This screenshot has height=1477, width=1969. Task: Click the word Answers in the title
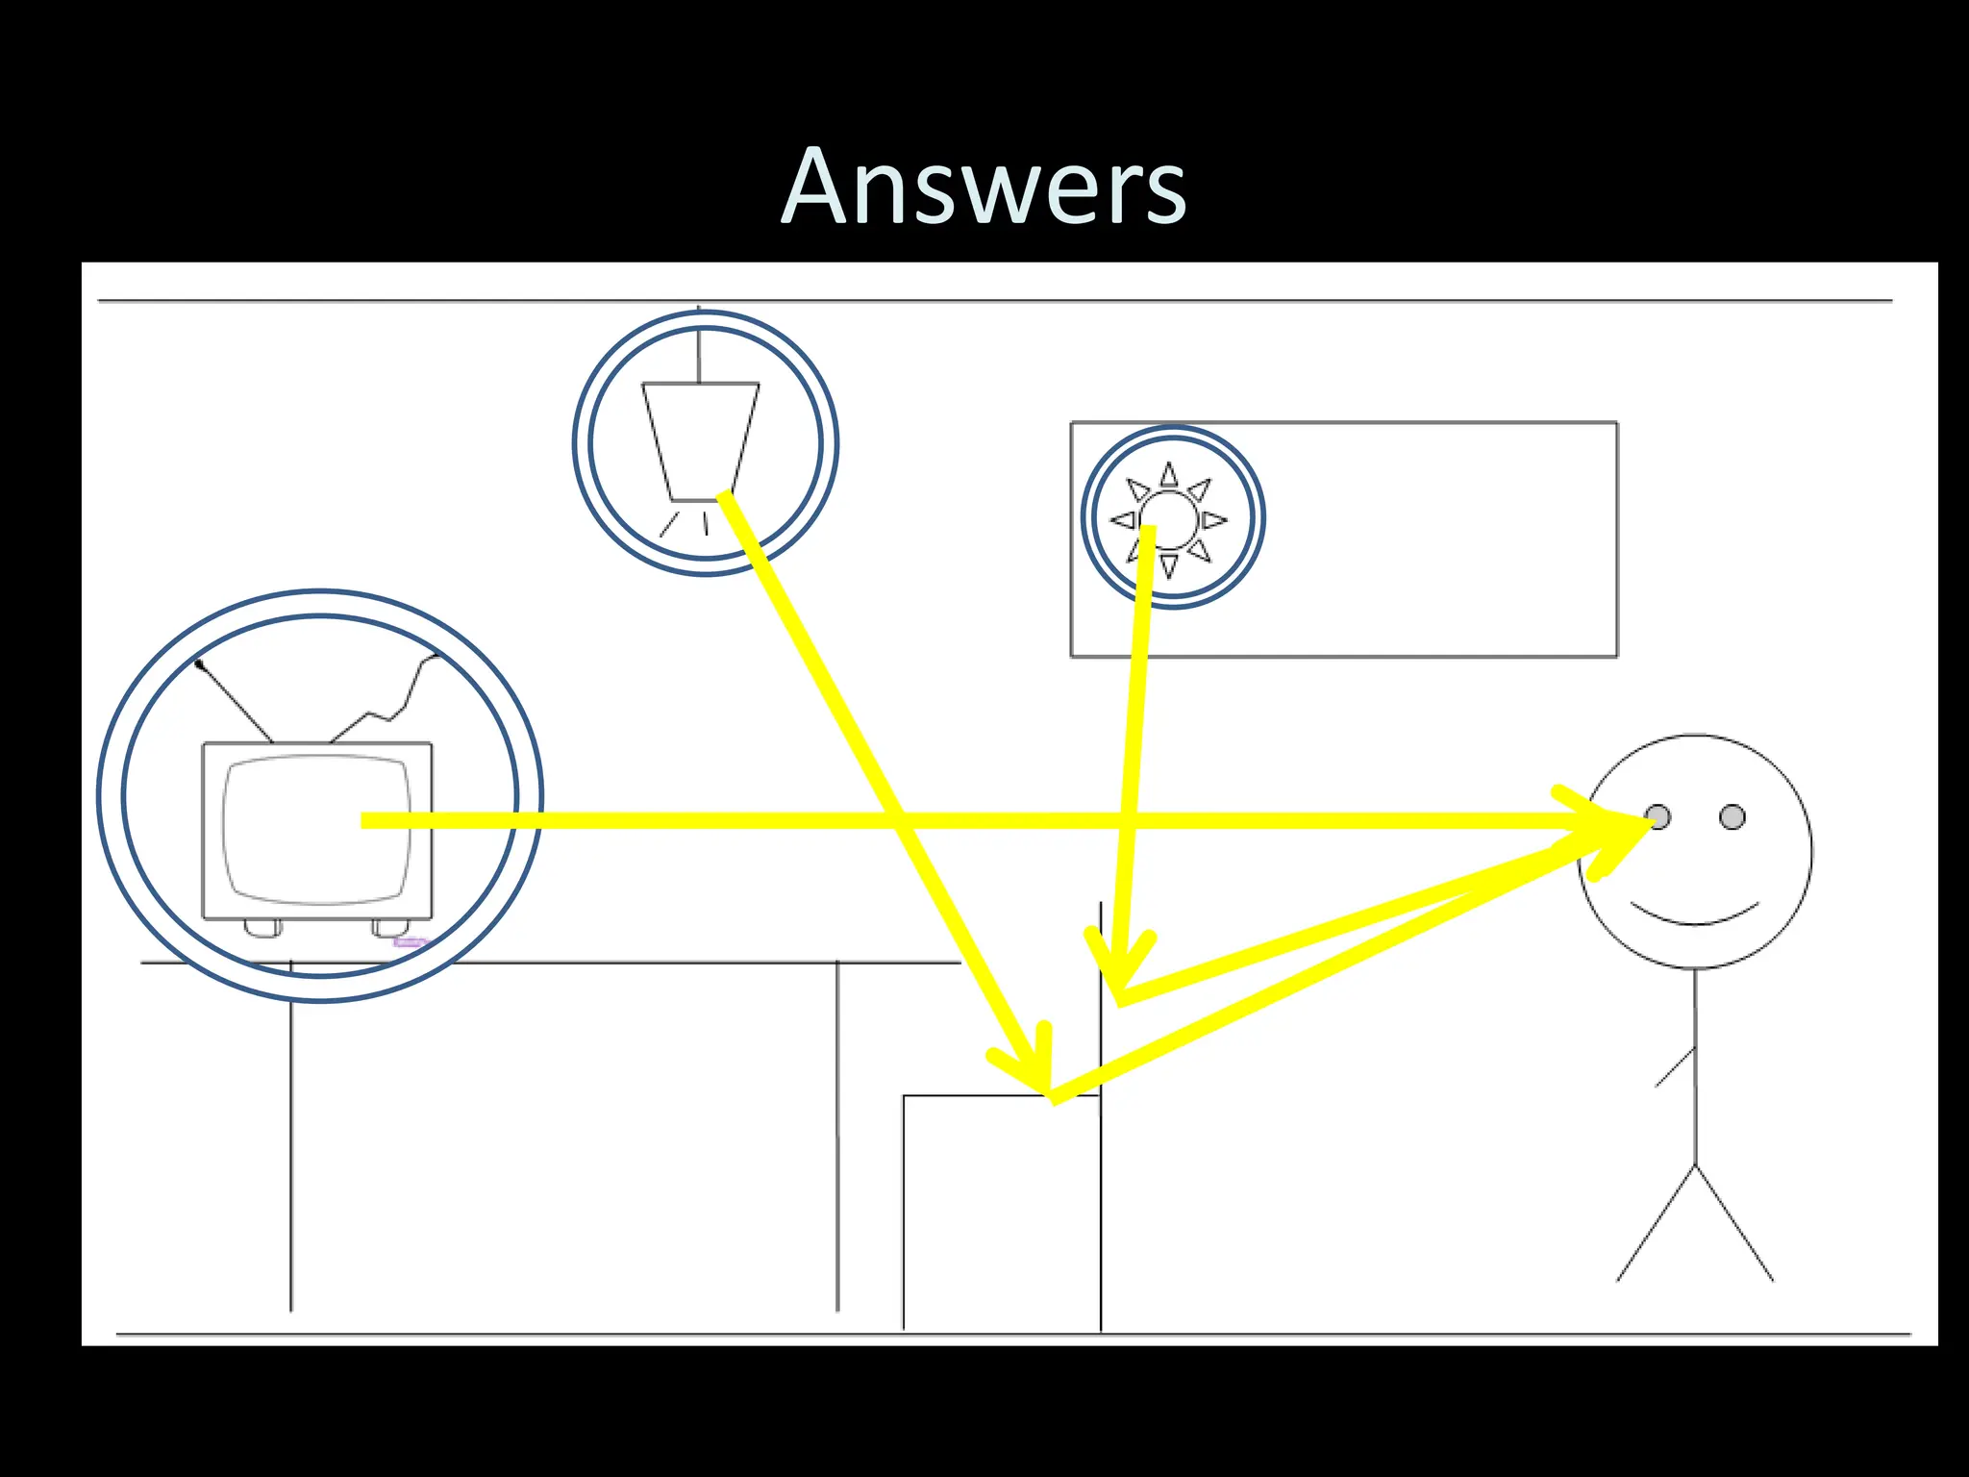pyautogui.click(x=984, y=188)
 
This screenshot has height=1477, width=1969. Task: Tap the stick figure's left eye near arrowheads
pyautogui.click(x=1657, y=817)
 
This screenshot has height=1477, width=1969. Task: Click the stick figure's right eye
pyautogui.click(x=1732, y=817)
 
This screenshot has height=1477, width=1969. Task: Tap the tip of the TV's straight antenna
pyautogui.click(x=199, y=663)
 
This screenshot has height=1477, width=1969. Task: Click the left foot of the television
pyautogui.click(x=262, y=928)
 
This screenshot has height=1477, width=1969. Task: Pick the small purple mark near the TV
pyautogui.click(x=410, y=942)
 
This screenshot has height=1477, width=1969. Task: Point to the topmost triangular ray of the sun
pyautogui.click(x=1168, y=475)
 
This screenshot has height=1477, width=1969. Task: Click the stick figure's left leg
pyautogui.click(x=1656, y=1223)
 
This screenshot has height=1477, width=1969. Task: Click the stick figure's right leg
pyautogui.click(x=1734, y=1223)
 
